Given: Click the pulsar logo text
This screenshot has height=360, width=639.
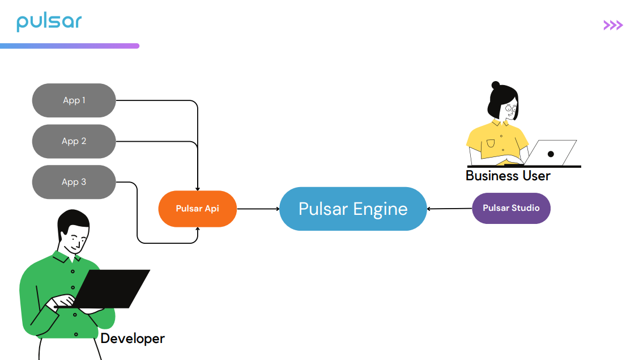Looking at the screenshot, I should pyautogui.click(x=49, y=22).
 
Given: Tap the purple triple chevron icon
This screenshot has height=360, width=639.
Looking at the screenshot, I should pyautogui.click(x=613, y=25).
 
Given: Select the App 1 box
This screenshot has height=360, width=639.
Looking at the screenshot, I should pyautogui.click(x=74, y=100).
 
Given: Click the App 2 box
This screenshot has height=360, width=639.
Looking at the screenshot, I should pyautogui.click(x=74, y=141).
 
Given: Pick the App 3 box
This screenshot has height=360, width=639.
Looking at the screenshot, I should pyautogui.click(x=74, y=182).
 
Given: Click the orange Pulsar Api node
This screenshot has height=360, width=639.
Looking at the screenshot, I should pyautogui.click(x=197, y=209).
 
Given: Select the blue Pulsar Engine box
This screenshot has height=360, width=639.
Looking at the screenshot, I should pyautogui.click(x=353, y=209).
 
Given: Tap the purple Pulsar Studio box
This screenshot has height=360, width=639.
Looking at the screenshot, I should pyautogui.click(x=511, y=208).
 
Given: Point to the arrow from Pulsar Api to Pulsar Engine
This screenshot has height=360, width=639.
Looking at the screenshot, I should pyautogui.click(x=258, y=209).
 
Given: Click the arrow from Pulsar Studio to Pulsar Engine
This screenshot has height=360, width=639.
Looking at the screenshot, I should pyautogui.click(x=449, y=209).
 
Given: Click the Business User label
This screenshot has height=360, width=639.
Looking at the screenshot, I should pyautogui.click(x=508, y=176).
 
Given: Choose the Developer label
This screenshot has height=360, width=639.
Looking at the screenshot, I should pyautogui.click(x=133, y=338).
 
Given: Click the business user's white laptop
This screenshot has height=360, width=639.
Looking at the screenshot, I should pyautogui.click(x=552, y=153).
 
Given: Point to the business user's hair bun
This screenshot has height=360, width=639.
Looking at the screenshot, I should pyautogui.click(x=496, y=86).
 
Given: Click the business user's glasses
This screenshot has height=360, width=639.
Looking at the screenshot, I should pyautogui.click(x=512, y=108).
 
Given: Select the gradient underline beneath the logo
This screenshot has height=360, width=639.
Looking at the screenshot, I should pyautogui.click(x=69, y=46).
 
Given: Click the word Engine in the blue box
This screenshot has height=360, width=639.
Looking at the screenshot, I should pyautogui.click(x=380, y=209).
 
